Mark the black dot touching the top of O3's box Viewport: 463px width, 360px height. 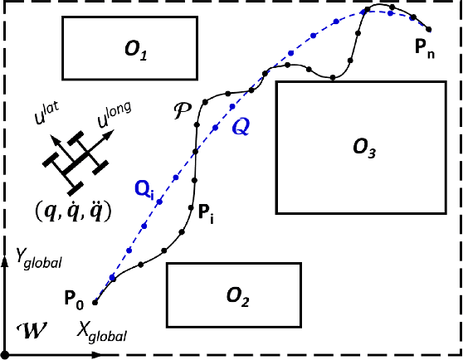point(332,80)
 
